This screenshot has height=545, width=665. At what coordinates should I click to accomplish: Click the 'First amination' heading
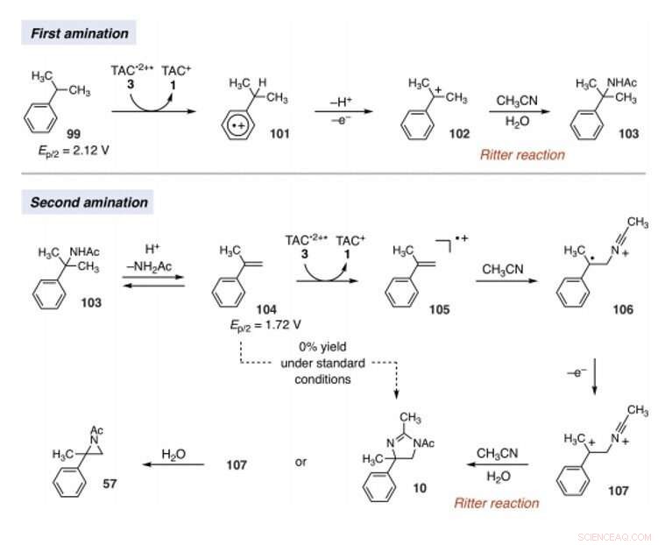[x=80, y=34]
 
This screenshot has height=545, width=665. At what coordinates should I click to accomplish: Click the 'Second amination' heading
[x=89, y=202]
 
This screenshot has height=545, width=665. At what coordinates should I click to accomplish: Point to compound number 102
[x=457, y=134]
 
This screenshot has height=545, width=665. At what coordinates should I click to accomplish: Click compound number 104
[x=266, y=309]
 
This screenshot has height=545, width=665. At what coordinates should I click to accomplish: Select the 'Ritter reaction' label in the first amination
[x=522, y=155]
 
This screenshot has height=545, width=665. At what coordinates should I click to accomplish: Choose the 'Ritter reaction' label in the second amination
[x=496, y=503]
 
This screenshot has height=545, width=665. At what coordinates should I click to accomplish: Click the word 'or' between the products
[x=301, y=462]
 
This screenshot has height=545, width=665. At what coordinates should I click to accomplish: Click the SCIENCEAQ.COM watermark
[x=616, y=536]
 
